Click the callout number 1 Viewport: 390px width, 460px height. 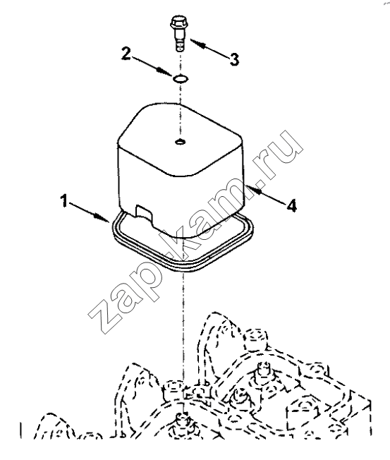[x=64, y=201]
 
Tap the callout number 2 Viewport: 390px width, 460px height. [x=126, y=54]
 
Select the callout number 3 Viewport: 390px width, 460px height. [x=234, y=59]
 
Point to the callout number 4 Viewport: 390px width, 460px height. [x=291, y=205]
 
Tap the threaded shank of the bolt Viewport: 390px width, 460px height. [x=178, y=42]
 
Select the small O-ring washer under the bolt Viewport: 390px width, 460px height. [x=181, y=78]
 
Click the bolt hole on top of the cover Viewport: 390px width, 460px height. [x=180, y=142]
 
